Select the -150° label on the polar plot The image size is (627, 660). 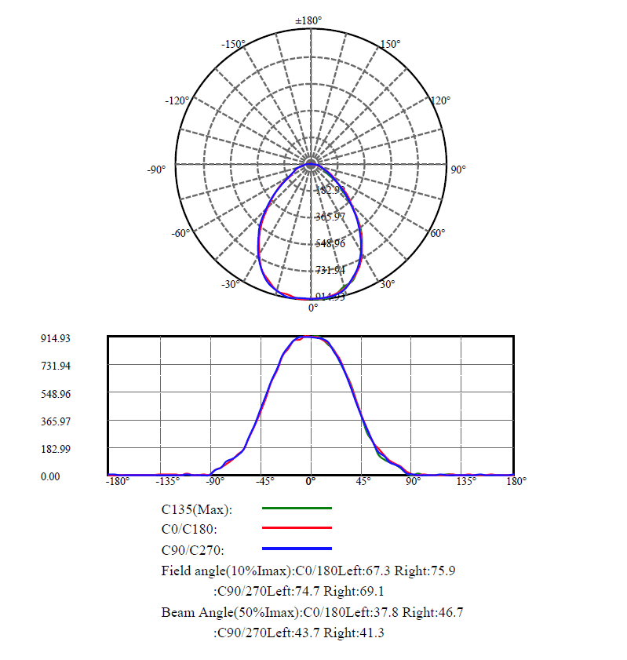[x=234, y=44]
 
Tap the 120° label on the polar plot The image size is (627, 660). [x=440, y=100]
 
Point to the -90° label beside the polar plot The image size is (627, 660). [x=156, y=170]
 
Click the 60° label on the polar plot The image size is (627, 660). [x=438, y=233]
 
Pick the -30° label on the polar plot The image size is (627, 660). [x=230, y=284]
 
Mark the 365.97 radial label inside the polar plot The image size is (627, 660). [x=330, y=217]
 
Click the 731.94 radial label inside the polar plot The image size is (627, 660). [x=330, y=270]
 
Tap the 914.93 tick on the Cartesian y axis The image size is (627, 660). [x=56, y=338]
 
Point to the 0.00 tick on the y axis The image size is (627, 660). [x=50, y=476]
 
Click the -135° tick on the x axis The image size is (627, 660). [x=169, y=481]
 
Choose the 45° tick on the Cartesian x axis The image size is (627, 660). [x=363, y=481]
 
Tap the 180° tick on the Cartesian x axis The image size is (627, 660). [x=516, y=481]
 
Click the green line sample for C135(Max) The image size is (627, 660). [x=296, y=509]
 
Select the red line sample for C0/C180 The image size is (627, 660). [x=296, y=528]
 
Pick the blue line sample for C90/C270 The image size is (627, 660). [x=296, y=548]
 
